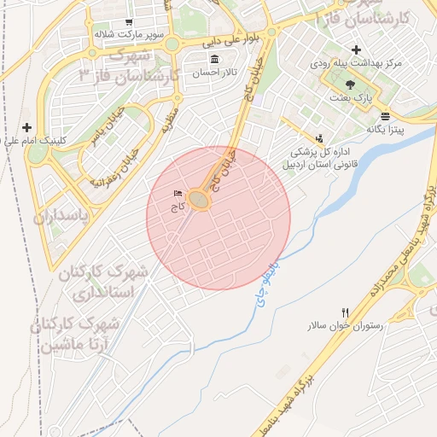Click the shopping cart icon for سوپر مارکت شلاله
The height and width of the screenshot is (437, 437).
click(x=128, y=22)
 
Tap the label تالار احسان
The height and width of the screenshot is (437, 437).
click(x=213, y=73)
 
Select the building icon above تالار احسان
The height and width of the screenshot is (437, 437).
click(x=213, y=60)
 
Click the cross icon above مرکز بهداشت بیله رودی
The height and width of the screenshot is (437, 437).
click(x=356, y=49)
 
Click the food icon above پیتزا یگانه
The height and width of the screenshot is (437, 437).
click(x=386, y=116)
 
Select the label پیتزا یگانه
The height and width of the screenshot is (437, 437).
click(x=385, y=129)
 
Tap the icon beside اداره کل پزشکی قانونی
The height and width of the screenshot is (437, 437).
click(x=319, y=137)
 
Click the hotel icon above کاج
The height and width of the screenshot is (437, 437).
click(x=178, y=194)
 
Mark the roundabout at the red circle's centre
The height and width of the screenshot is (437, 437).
click(x=200, y=200)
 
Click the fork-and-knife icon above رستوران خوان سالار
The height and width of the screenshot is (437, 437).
click(x=345, y=313)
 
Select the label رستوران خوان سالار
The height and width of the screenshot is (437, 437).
click(x=345, y=326)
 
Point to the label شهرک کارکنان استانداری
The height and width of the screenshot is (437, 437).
click(x=107, y=283)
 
